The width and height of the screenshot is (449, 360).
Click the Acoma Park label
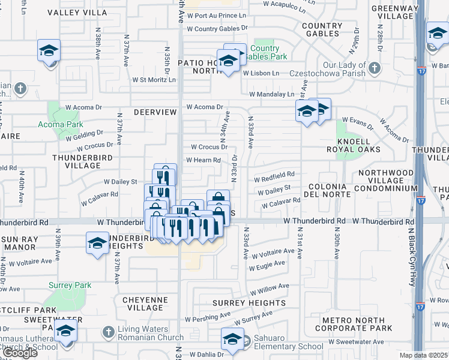[x=66, y=124]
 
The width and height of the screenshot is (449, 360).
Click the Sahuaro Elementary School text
[x=284, y=346]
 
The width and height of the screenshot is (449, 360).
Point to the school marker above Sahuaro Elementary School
[x=232, y=340]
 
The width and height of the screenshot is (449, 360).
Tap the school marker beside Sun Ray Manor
[x=97, y=244]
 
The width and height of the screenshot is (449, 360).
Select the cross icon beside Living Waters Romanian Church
[x=108, y=331]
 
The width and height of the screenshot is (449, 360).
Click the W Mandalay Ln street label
[x=272, y=94]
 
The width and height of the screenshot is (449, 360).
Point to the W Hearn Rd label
[x=203, y=160]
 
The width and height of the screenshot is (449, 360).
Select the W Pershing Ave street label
[x=208, y=315]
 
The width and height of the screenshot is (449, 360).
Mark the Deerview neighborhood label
[x=155, y=112]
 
